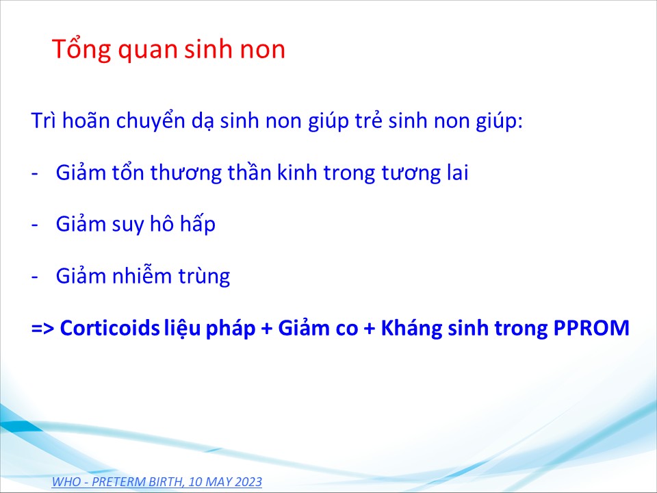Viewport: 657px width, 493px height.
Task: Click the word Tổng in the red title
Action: click(81, 49)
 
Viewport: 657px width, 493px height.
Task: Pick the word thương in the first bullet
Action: click(185, 173)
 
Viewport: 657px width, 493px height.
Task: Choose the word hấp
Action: click(198, 223)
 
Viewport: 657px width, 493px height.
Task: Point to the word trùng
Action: click(205, 277)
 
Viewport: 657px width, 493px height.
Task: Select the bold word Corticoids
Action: click(109, 328)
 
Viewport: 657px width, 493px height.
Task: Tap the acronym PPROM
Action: click(591, 328)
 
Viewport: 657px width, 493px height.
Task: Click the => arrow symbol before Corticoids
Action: click(42, 329)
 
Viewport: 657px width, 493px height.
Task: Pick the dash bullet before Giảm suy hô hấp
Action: click(35, 225)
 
